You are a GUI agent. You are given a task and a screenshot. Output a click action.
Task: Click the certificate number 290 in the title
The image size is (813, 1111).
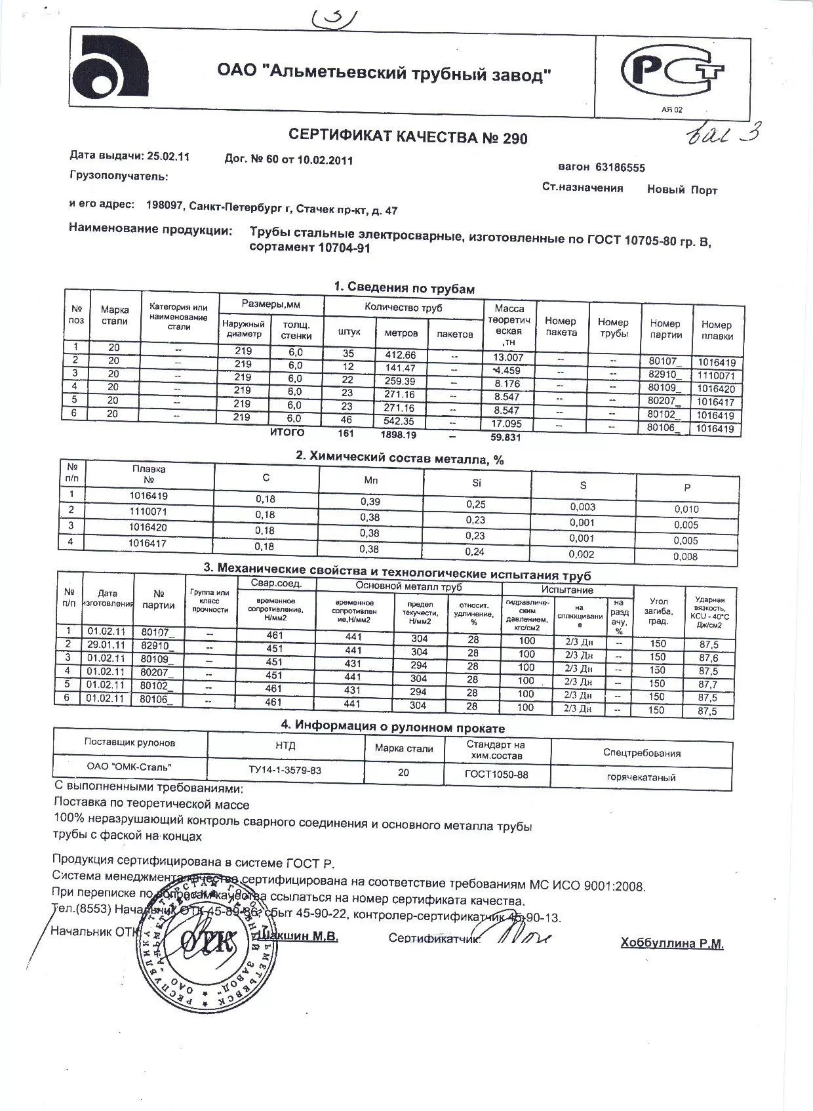point(515,138)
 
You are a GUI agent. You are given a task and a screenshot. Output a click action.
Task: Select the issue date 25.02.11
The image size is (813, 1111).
point(168,156)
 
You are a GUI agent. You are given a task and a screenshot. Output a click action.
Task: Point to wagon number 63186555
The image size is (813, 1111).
point(620,167)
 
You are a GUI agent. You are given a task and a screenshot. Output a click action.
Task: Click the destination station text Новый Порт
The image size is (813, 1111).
point(682,190)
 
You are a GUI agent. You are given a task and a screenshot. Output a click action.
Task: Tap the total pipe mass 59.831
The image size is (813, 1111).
point(506,437)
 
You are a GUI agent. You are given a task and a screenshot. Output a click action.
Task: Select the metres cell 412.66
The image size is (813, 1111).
point(399,355)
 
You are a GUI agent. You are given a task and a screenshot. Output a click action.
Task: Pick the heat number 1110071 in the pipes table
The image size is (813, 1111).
point(716,376)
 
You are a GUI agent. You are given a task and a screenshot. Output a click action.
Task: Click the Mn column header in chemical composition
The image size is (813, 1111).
point(371,481)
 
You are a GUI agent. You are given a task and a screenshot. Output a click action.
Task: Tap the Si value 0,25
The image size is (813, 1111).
point(475,504)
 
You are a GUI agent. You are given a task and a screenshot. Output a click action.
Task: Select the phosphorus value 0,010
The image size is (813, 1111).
point(686,509)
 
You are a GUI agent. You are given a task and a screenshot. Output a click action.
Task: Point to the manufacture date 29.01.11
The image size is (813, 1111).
point(106,645)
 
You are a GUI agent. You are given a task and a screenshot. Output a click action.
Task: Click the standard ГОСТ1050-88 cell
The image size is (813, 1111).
point(496,775)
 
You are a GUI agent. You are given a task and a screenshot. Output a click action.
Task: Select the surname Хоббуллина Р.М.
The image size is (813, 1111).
point(672,944)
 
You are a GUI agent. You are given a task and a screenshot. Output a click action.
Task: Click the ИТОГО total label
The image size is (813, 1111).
point(287,432)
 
